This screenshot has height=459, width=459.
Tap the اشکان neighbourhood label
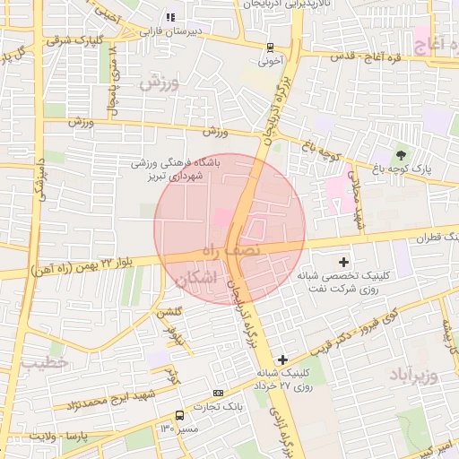point(198,278)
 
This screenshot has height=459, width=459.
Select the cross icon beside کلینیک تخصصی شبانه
point(343,261)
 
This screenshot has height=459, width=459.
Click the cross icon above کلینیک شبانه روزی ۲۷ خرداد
point(283,359)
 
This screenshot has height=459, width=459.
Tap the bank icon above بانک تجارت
point(218,394)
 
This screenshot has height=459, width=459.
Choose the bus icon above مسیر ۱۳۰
point(180,415)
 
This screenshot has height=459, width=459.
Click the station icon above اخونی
point(270,48)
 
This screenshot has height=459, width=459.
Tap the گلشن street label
point(169,313)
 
